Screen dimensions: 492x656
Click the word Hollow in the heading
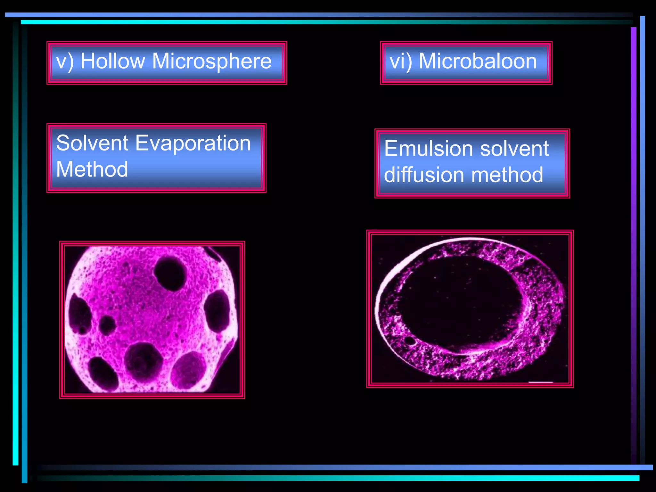click(x=112, y=61)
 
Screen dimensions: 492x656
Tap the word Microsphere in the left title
click(x=212, y=61)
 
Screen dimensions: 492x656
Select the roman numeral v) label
click(x=65, y=61)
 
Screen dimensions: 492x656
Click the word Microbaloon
click(x=478, y=61)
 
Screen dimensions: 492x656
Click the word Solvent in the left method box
click(x=92, y=143)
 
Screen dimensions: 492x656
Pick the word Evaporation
click(x=193, y=143)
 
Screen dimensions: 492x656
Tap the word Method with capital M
click(x=92, y=169)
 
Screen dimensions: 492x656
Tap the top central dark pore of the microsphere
click(x=170, y=273)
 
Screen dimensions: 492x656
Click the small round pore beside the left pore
click(x=107, y=325)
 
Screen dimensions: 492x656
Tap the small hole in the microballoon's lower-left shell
click(x=410, y=340)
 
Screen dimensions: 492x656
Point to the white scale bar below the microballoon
click(x=540, y=382)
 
